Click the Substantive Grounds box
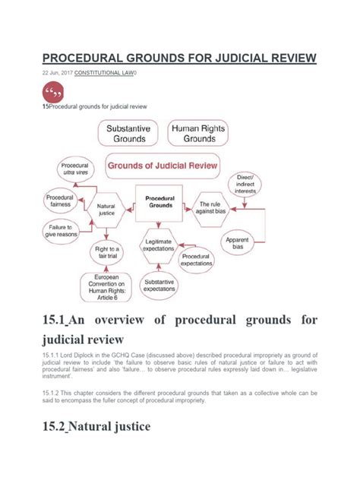[x=128, y=134]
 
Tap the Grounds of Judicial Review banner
[x=162, y=164]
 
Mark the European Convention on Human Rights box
[x=106, y=287]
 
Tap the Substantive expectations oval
[x=159, y=286]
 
